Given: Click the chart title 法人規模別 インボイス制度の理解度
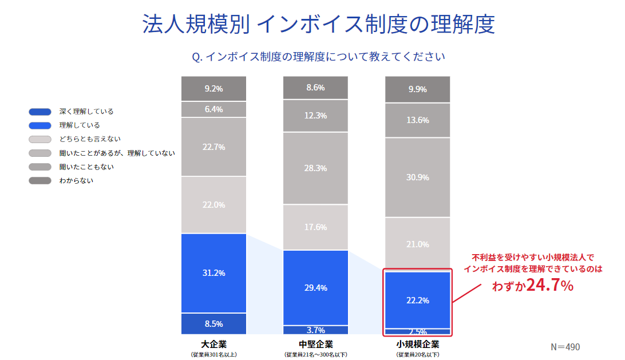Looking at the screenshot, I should point(318,25).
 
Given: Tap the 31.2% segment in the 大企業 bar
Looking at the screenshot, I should point(213,273).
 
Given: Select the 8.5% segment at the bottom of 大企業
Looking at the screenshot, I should point(213,324).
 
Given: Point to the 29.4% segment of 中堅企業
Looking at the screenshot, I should point(315,287).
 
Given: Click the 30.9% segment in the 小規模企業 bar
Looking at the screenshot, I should point(417,177).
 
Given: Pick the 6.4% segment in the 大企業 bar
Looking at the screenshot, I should point(213,109).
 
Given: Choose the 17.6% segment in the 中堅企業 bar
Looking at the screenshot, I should point(315,227).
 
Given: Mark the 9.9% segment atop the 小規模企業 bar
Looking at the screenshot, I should point(417,89).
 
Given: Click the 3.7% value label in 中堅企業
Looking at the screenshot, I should point(315,330).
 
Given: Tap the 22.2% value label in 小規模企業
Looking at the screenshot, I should point(417,300).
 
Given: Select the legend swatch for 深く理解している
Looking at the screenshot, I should point(40,112).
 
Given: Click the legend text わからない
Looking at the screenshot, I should point(76,180).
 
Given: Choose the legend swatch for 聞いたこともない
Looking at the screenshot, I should point(40,167).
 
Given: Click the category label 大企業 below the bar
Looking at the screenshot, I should point(213,345).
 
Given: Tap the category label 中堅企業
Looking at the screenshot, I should point(315,345).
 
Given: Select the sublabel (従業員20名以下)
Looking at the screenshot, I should point(417,354).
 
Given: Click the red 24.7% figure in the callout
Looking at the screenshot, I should point(549,285).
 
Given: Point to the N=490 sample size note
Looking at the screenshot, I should point(565,347).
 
